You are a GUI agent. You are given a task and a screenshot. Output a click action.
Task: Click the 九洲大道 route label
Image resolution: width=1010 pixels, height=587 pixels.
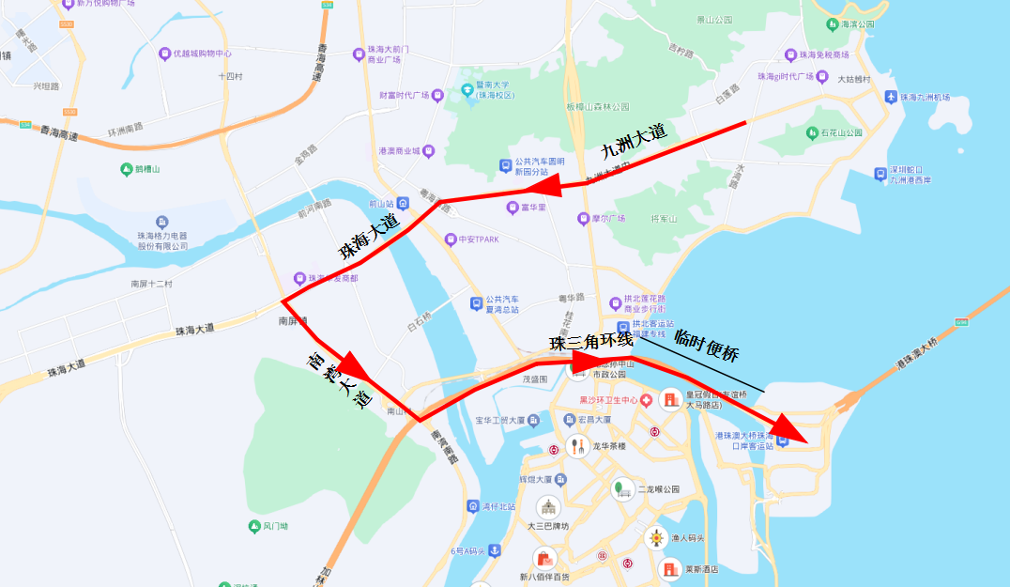pyautogui.click(x=634, y=140)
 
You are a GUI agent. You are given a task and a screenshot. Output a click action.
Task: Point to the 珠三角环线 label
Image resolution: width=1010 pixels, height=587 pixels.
pyautogui.click(x=590, y=341)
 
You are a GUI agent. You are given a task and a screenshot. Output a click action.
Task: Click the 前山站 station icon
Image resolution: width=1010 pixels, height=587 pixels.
pyautogui.click(x=403, y=203)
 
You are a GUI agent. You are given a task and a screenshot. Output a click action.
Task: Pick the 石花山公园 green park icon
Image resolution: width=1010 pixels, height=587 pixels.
pyautogui.click(x=811, y=133)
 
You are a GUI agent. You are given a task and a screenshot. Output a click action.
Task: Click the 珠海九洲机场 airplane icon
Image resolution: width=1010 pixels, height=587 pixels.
pyautogui.click(x=890, y=97)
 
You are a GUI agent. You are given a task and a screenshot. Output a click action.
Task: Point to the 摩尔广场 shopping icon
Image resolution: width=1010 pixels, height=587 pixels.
pyautogui.click(x=584, y=219)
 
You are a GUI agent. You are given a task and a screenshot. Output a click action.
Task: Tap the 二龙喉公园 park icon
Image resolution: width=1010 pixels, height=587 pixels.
pyautogui.click(x=622, y=488)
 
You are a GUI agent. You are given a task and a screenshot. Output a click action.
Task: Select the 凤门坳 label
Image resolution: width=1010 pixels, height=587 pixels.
pyautogui.click(x=275, y=527)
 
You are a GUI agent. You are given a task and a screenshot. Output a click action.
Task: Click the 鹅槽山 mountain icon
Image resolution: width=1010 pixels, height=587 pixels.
pyautogui.click(x=127, y=169)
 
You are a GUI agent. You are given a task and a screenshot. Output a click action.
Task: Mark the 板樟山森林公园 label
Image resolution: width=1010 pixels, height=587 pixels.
pyautogui.click(x=597, y=106)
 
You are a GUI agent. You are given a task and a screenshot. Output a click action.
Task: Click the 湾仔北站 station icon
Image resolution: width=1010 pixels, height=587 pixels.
pyautogui.click(x=472, y=506)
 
